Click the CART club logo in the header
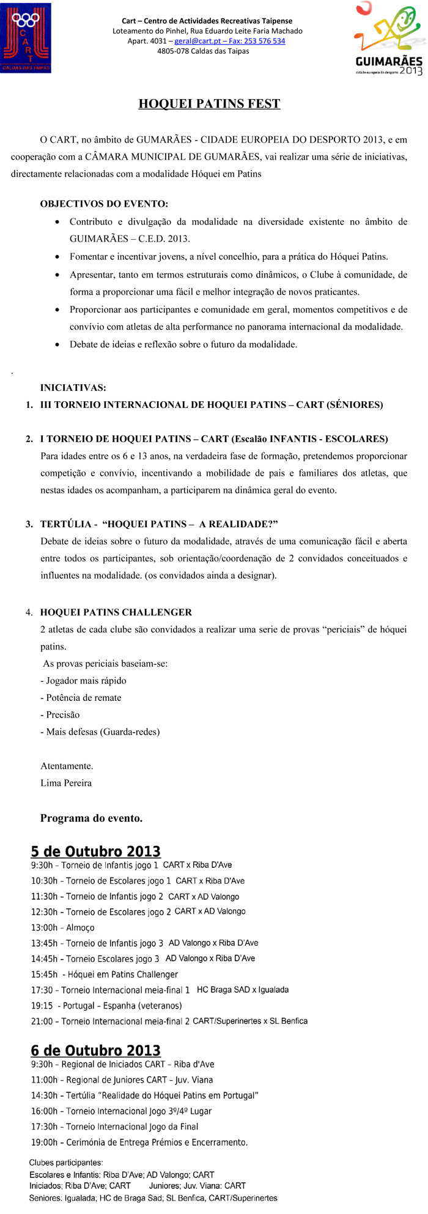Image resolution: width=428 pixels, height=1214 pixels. pyautogui.click(x=26, y=38)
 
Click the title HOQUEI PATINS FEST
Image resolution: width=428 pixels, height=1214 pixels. pyautogui.click(x=209, y=104)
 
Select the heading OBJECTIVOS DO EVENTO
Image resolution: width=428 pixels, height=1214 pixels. pyautogui.click(x=104, y=204)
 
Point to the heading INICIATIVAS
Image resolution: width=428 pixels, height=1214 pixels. pyautogui.click(x=73, y=388)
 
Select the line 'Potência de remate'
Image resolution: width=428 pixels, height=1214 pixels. pyautogui.click(x=81, y=698)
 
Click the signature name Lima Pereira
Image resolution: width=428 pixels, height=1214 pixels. pyautogui.click(x=66, y=783)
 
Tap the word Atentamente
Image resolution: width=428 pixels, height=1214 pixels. pyautogui.click(x=67, y=766)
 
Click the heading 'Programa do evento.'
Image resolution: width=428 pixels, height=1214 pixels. pyautogui.click(x=91, y=818)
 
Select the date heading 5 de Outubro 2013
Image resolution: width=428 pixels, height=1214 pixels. pyautogui.click(x=96, y=851)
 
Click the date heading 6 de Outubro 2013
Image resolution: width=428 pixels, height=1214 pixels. pyautogui.click(x=96, y=1051)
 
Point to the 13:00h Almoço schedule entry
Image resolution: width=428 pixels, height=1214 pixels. pyautogui.click(x=63, y=928)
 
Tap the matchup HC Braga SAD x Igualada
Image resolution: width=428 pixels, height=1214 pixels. pyautogui.click(x=243, y=990)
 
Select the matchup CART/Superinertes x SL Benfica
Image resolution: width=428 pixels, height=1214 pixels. pyautogui.click(x=250, y=1021)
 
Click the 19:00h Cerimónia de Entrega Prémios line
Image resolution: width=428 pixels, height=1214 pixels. pyautogui.click(x=139, y=1142)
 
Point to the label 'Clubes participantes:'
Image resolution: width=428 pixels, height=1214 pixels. pyautogui.click(x=66, y=1163)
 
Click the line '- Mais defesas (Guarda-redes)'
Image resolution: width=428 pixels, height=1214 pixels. pyautogui.click(x=100, y=732)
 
